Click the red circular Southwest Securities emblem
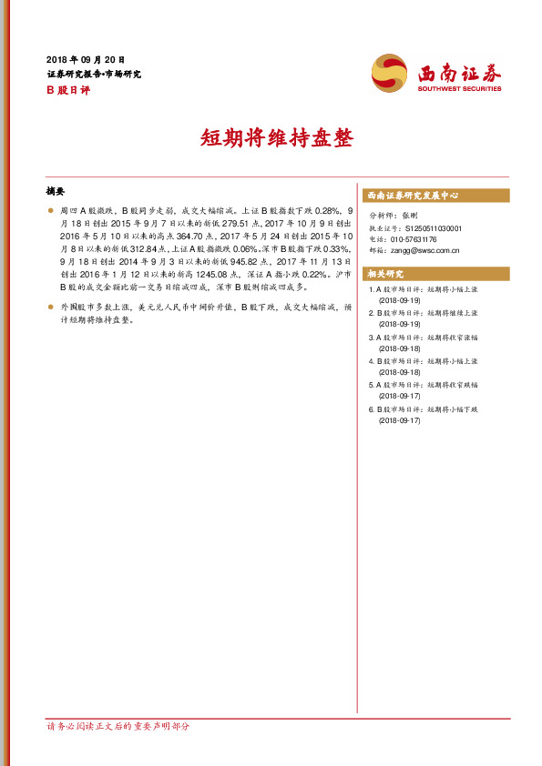click(390, 73)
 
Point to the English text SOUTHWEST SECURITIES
click(459, 89)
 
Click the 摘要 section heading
click(56, 192)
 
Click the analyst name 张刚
click(409, 216)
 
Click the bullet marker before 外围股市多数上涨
click(50, 308)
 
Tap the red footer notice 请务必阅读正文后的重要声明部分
click(118, 726)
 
